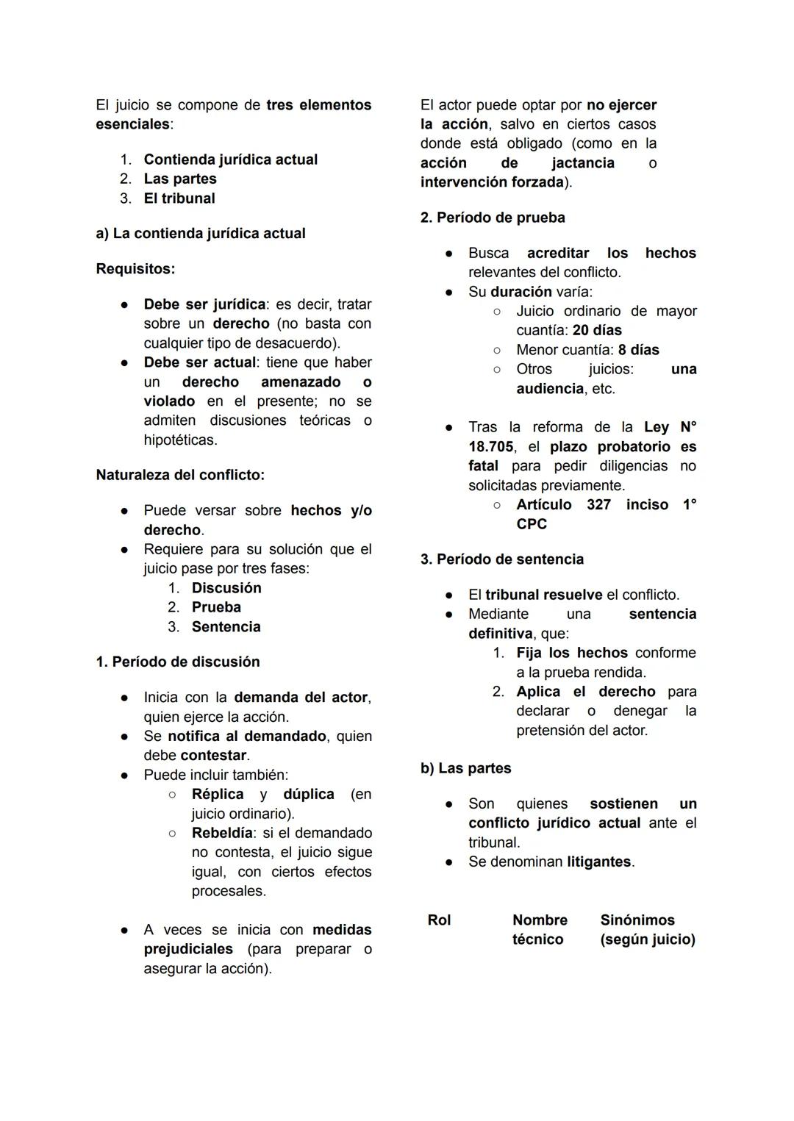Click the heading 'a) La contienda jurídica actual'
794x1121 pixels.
point(200,234)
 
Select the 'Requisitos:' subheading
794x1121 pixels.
point(135,269)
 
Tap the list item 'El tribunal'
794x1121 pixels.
point(179,198)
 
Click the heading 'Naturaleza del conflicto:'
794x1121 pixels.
point(180,475)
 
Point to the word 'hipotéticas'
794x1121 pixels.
point(179,440)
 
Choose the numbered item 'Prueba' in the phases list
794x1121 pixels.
point(216,607)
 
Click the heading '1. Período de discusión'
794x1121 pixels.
point(177,662)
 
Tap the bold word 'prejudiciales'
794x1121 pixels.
point(188,949)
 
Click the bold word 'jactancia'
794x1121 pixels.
point(583,162)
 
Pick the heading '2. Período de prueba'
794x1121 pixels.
point(493,218)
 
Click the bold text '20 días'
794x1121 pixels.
point(597,330)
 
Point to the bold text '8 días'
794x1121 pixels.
point(638,350)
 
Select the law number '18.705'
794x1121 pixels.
point(490,447)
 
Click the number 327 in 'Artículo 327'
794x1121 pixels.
point(598,504)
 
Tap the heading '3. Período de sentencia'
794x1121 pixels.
point(502,559)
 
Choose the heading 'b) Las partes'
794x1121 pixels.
point(465,768)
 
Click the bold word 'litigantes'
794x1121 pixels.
point(599,862)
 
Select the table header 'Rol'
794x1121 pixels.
point(439,920)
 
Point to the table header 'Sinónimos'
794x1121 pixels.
point(637,920)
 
